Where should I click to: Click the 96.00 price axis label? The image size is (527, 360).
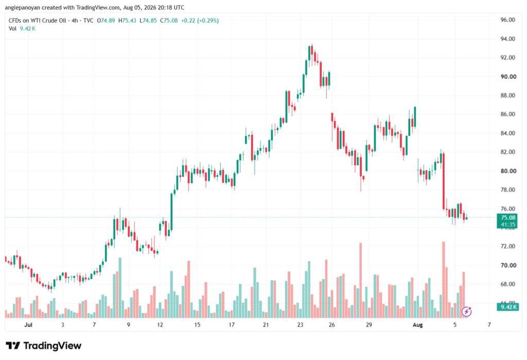coord(507,20)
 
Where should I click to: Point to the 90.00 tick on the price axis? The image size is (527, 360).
coord(508,77)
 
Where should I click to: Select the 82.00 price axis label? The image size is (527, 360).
coord(507,152)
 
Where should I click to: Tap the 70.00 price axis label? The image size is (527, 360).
coord(508,265)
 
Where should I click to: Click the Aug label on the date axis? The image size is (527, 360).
coord(417,325)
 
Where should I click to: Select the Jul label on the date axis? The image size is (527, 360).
coord(28,325)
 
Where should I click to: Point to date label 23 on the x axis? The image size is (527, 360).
coord(300,325)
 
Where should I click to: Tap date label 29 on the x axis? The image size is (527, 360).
coord(369,325)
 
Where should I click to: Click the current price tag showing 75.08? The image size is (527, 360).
coord(507,218)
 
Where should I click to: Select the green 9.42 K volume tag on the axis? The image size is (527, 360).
coord(507,307)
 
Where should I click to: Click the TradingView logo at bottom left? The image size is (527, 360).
coord(44,346)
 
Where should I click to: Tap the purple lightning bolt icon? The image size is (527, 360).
coord(466,312)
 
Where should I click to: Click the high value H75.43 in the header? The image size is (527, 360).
coord(127,21)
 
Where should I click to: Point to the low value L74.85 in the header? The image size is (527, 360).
coord(148,21)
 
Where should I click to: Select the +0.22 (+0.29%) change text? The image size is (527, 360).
coord(200,21)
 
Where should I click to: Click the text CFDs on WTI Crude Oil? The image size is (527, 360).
coord(37,21)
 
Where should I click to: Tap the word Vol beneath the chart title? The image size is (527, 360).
coord(12,29)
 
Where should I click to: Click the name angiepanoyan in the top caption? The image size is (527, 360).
coord(22,7)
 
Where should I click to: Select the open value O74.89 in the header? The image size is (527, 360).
coord(106,21)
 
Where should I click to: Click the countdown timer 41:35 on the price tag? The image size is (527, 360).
coord(508,225)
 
